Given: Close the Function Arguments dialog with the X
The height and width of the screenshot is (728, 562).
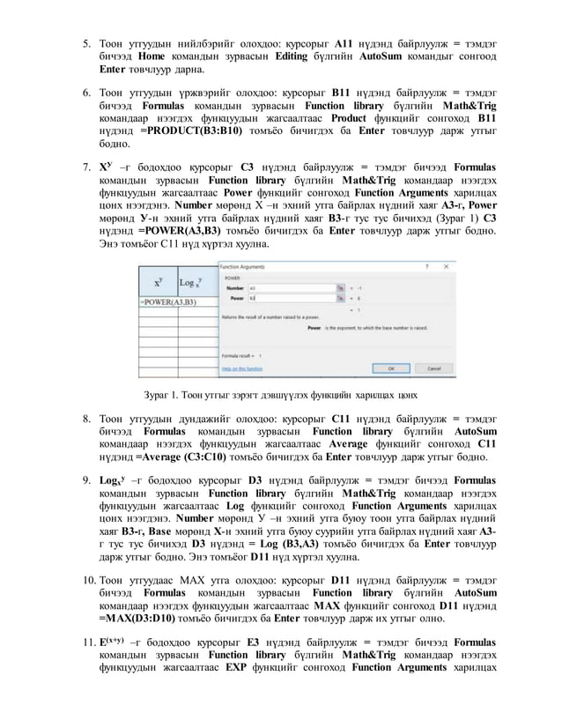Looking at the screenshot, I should click(450, 264).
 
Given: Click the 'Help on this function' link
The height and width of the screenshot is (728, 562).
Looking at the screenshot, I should click(240, 368).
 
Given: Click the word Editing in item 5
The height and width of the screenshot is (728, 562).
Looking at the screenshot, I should click(291, 55).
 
